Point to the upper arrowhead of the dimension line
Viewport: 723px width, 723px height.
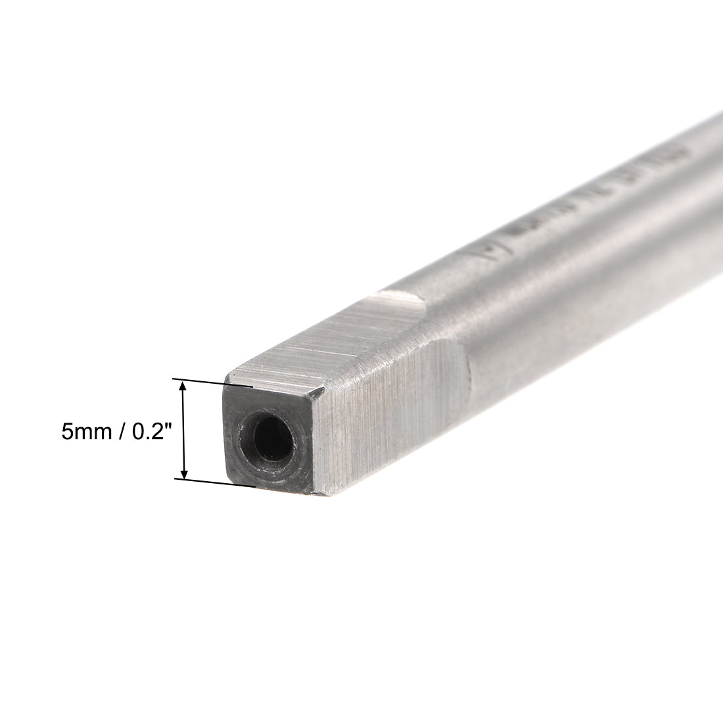tap(185, 388)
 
